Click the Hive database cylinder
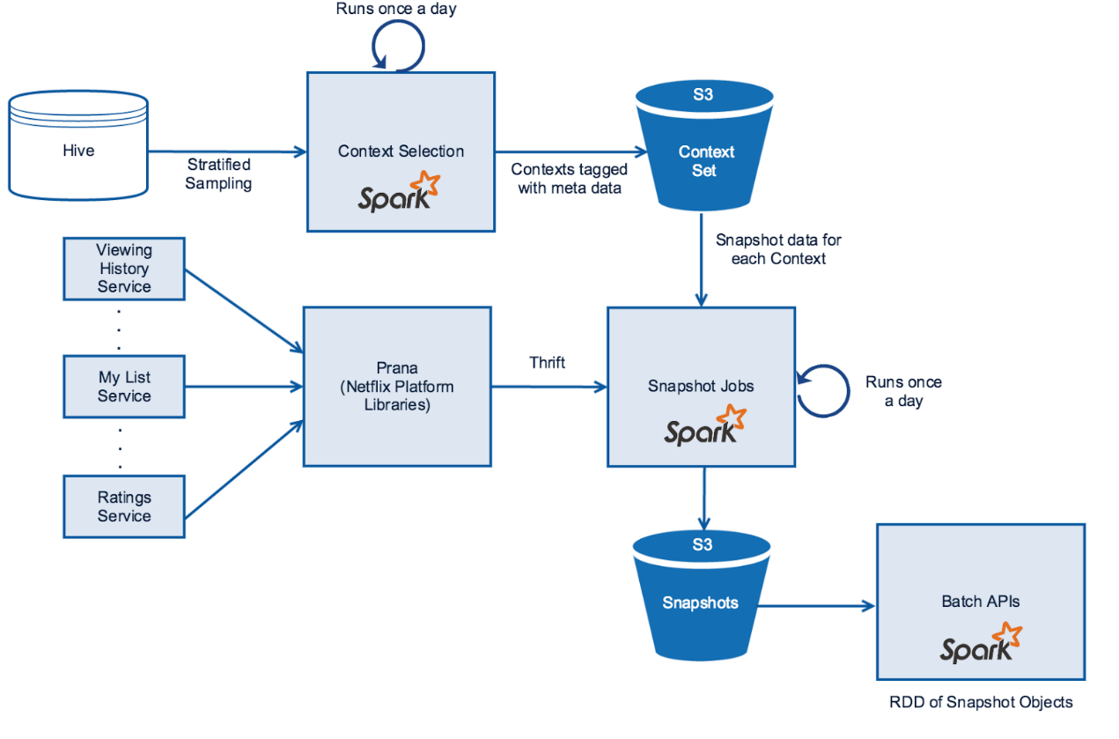[x=78, y=150]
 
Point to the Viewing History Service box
[x=124, y=269]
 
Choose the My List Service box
[x=124, y=387]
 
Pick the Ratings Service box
[x=124, y=506]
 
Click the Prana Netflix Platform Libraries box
[x=397, y=386]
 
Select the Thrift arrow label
[x=548, y=362]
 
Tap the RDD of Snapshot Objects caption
[x=981, y=702]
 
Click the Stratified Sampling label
[x=218, y=174]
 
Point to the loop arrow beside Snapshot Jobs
[x=820, y=391]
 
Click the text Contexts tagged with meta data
[x=569, y=178]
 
